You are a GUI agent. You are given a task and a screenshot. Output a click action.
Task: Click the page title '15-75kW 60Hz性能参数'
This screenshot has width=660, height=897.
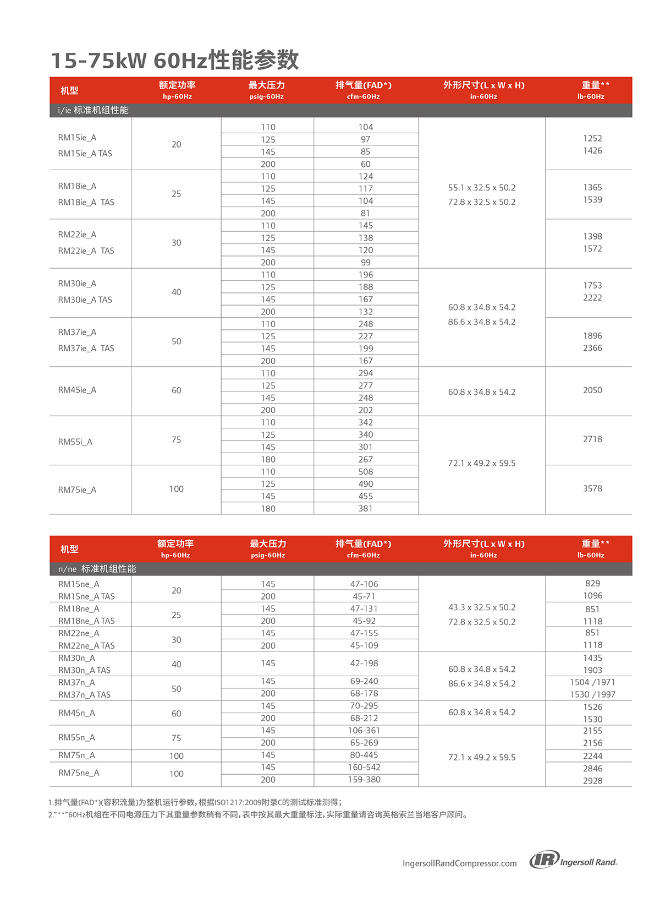tap(175, 60)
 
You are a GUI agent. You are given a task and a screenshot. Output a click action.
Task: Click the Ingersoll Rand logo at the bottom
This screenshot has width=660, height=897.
tap(573, 860)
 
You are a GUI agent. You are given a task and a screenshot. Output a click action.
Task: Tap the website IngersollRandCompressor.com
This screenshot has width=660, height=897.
tap(459, 863)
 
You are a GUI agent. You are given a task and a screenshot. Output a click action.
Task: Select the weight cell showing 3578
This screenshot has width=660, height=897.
tap(592, 488)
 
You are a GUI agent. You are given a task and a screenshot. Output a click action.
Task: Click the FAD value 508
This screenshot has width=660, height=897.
tap(365, 472)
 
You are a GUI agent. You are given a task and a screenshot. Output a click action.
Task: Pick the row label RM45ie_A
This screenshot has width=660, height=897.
tap(77, 390)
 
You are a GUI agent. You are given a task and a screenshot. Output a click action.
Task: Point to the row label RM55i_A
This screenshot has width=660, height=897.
tap(75, 442)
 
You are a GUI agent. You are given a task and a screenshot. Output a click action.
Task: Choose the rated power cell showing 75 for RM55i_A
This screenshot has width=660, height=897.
tap(176, 439)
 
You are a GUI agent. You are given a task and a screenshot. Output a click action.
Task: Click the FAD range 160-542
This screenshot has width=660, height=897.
tap(364, 767)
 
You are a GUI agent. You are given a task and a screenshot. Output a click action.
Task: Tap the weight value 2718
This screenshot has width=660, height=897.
tap(592, 439)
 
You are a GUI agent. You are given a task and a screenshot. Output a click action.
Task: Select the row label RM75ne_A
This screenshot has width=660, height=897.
tap(79, 773)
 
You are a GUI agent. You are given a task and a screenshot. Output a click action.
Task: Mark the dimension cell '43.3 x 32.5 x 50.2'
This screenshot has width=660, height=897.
tap(482, 607)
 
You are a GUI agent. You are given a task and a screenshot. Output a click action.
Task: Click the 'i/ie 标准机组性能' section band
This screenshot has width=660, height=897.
tap(94, 110)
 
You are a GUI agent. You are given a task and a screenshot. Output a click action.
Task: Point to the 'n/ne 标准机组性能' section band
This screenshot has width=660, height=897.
tap(97, 569)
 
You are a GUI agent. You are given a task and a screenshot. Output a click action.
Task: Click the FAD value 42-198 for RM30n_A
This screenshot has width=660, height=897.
tap(364, 664)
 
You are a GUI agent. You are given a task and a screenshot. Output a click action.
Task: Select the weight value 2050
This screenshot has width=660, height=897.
tap(592, 390)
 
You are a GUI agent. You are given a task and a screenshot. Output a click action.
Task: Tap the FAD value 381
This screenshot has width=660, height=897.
tap(365, 509)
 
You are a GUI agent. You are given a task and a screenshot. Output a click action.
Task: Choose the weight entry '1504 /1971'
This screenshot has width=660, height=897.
tap(592, 682)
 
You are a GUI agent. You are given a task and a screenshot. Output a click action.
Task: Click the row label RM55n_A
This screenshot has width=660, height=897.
tap(76, 738)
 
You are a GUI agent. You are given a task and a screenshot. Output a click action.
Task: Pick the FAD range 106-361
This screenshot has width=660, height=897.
tap(364, 731)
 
